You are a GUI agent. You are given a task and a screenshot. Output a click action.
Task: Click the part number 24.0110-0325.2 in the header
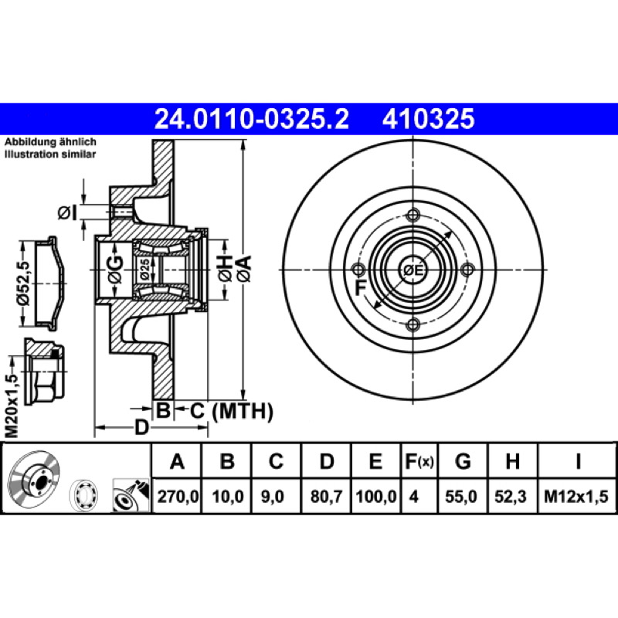click(x=252, y=119)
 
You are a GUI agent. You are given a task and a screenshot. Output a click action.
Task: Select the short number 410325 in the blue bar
click(x=429, y=119)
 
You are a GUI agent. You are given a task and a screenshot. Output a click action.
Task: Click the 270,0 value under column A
click(x=178, y=497)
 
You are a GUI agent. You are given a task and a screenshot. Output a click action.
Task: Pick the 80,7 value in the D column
click(x=326, y=497)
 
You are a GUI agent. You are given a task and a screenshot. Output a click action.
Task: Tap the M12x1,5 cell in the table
click(x=576, y=497)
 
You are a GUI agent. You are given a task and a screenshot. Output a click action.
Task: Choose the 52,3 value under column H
click(x=511, y=497)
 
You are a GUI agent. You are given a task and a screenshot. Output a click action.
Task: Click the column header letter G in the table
click(x=463, y=461)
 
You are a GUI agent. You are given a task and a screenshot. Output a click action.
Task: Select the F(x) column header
click(x=419, y=461)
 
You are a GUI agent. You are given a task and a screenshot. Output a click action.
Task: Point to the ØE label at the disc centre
click(x=413, y=270)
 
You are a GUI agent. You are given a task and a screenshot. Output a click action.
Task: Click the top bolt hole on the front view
click(x=413, y=216)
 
